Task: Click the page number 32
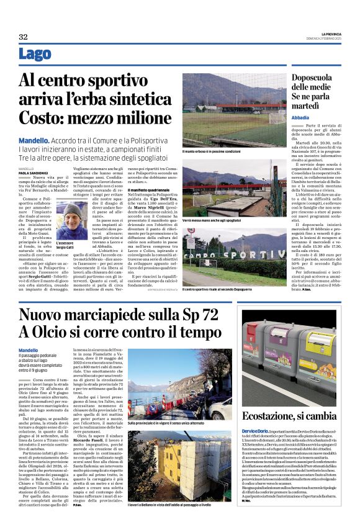click(23, 37)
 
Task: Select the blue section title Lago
click(35, 54)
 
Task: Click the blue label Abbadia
click(300, 117)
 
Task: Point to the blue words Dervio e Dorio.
click(256, 430)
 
